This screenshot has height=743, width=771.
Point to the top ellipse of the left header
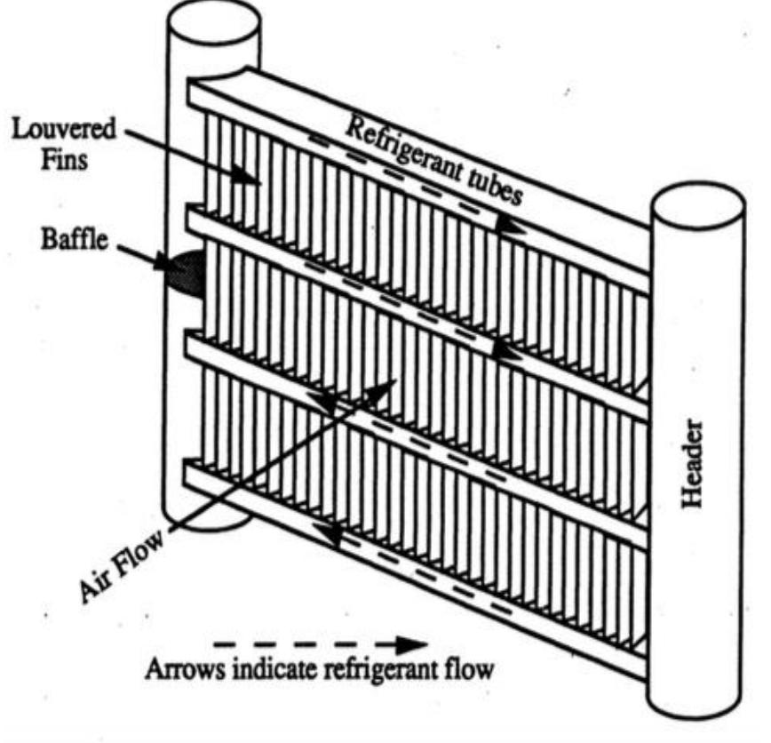coord(213,21)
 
